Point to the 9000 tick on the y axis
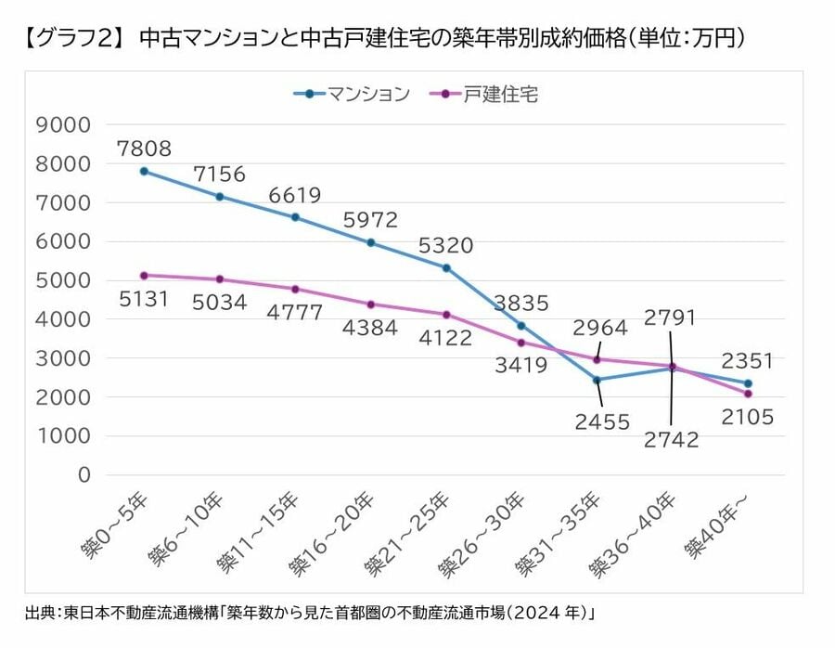click(x=63, y=124)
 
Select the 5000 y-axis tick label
click(x=63, y=280)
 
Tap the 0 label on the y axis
click(x=83, y=474)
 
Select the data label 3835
click(x=521, y=303)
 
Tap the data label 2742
click(x=671, y=439)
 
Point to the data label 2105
click(x=748, y=418)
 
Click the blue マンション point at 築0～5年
click(x=144, y=171)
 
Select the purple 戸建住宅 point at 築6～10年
click(x=220, y=279)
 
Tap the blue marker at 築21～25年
click(x=446, y=268)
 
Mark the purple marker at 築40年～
click(x=748, y=394)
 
